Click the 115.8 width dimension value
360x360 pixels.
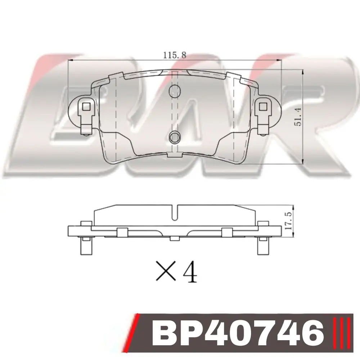click(175, 55)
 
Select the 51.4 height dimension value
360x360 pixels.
click(298, 117)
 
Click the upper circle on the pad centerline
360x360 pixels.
click(175, 91)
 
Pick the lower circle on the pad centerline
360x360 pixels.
click(175, 137)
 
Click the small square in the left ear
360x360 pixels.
click(86, 107)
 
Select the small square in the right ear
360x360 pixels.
click(263, 107)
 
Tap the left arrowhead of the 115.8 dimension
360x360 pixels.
click(71, 60)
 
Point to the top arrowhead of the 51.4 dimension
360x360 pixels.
click(303, 73)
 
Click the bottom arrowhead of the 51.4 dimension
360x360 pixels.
click(303, 161)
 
